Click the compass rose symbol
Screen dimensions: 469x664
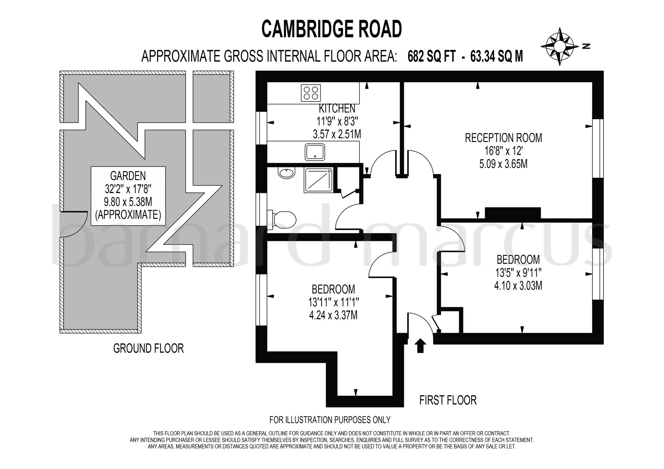point(560,47)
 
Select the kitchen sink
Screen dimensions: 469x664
point(314,152)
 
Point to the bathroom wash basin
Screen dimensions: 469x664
point(287,172)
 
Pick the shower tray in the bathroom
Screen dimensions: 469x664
point(318,180)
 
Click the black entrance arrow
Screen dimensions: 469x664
point(420,345)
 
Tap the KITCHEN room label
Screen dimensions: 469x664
point(337,108)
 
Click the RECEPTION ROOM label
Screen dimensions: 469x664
point(503,138)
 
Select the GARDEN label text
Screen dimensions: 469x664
point(128,176)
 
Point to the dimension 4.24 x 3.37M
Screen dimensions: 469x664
point(333,315)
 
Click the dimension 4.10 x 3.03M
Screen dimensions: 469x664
point(518,286)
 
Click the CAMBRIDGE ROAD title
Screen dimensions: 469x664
point(332,29)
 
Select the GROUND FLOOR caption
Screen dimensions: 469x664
point(148,349)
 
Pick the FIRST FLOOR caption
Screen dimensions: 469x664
point(448,400)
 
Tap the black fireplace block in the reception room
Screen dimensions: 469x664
point(513,213)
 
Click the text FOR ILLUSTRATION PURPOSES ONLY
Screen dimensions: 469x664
point(330,420)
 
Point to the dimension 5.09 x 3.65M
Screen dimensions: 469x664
point(503,164)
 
